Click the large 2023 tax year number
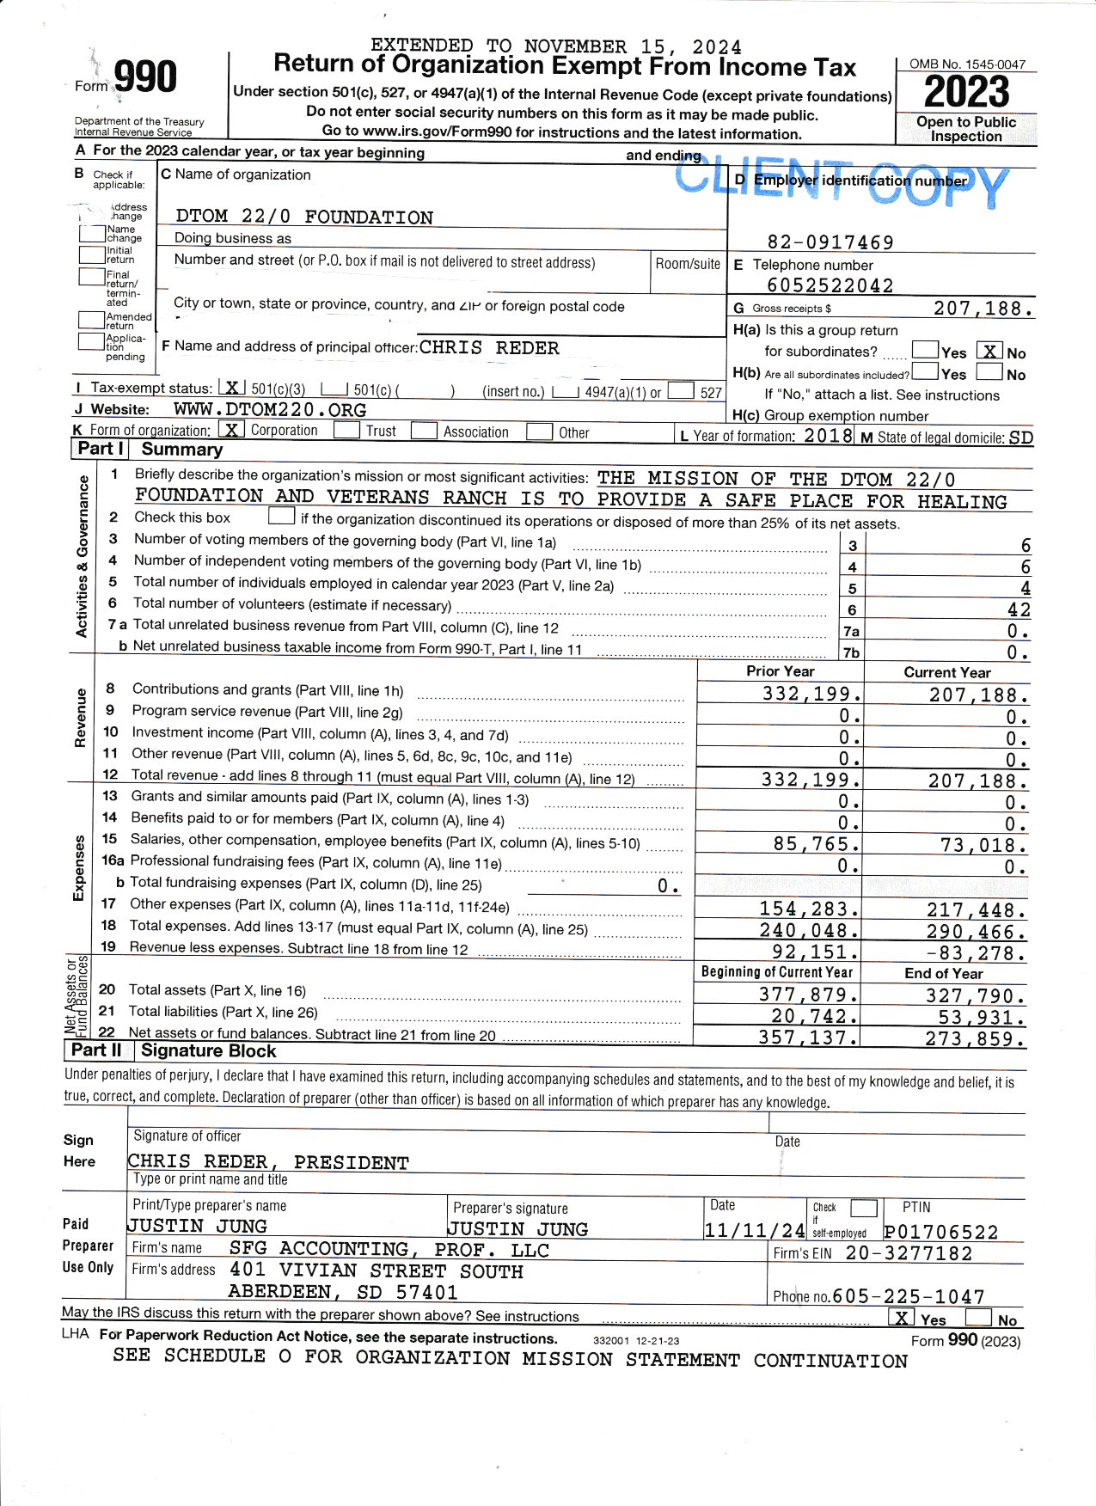[966, 92]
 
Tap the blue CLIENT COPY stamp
[841, 183]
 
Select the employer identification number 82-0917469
[830, 242]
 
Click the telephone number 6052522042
[830, 285]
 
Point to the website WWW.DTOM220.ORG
[270, 410]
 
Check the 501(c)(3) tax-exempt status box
[231, 389]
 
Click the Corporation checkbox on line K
[231, 429]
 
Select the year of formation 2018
[828, 436]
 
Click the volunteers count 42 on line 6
[1019, 609]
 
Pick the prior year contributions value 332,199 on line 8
[811, 694]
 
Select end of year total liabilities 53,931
[982, 1018]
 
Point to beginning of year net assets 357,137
[807, 1038]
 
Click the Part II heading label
[96, 1050]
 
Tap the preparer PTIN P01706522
[941, 1233]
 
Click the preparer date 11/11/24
[754, 1230]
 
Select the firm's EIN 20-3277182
[909, 1253]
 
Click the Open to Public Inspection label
[966, 129]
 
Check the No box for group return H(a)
[991, 351]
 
